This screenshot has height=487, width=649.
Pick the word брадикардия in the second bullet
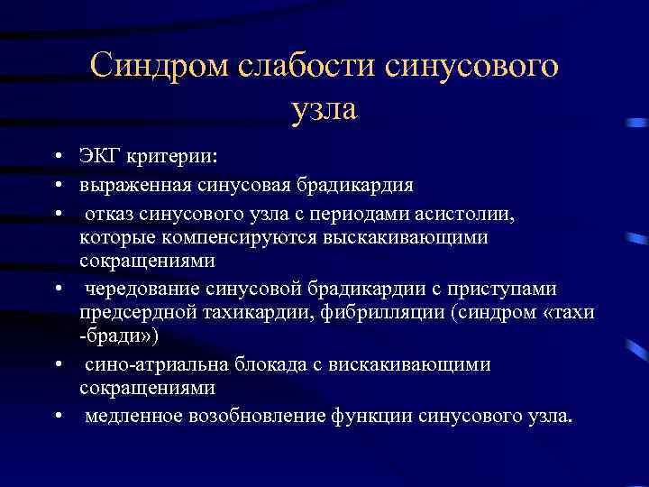pos(359,186)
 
